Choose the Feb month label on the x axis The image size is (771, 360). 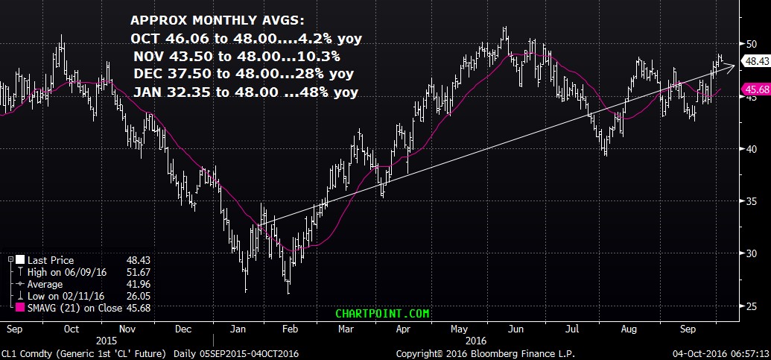291,327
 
